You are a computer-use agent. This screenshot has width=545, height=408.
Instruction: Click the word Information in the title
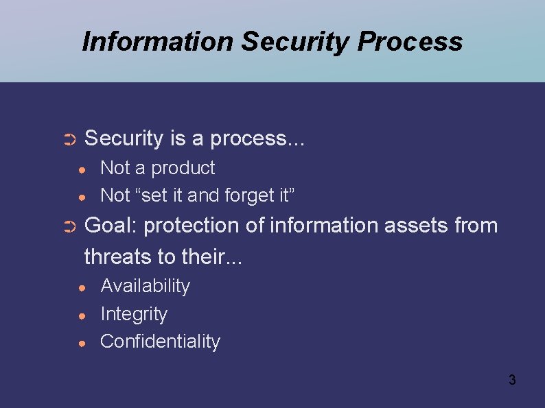(x=157, y=42)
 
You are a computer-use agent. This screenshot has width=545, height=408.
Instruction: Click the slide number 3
(x=511, y=380)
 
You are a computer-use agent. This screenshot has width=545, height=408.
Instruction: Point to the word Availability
(x=145, y=286)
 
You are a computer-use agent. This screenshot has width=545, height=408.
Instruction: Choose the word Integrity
(x=134, y=314)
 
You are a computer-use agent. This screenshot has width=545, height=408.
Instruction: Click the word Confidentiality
(x=160, y=341)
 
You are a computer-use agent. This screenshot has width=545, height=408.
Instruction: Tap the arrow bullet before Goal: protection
(x=68, y=227)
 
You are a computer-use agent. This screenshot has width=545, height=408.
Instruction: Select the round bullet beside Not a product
(x=81, y=169)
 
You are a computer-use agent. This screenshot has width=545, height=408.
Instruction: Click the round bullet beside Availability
(x=81, y=287)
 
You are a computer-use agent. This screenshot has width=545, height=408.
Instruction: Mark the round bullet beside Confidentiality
(x=81, y=343)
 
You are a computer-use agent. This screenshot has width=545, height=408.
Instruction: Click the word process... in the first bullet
(x=257, y=139)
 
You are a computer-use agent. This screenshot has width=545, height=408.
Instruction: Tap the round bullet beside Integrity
(x=81, y=315)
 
